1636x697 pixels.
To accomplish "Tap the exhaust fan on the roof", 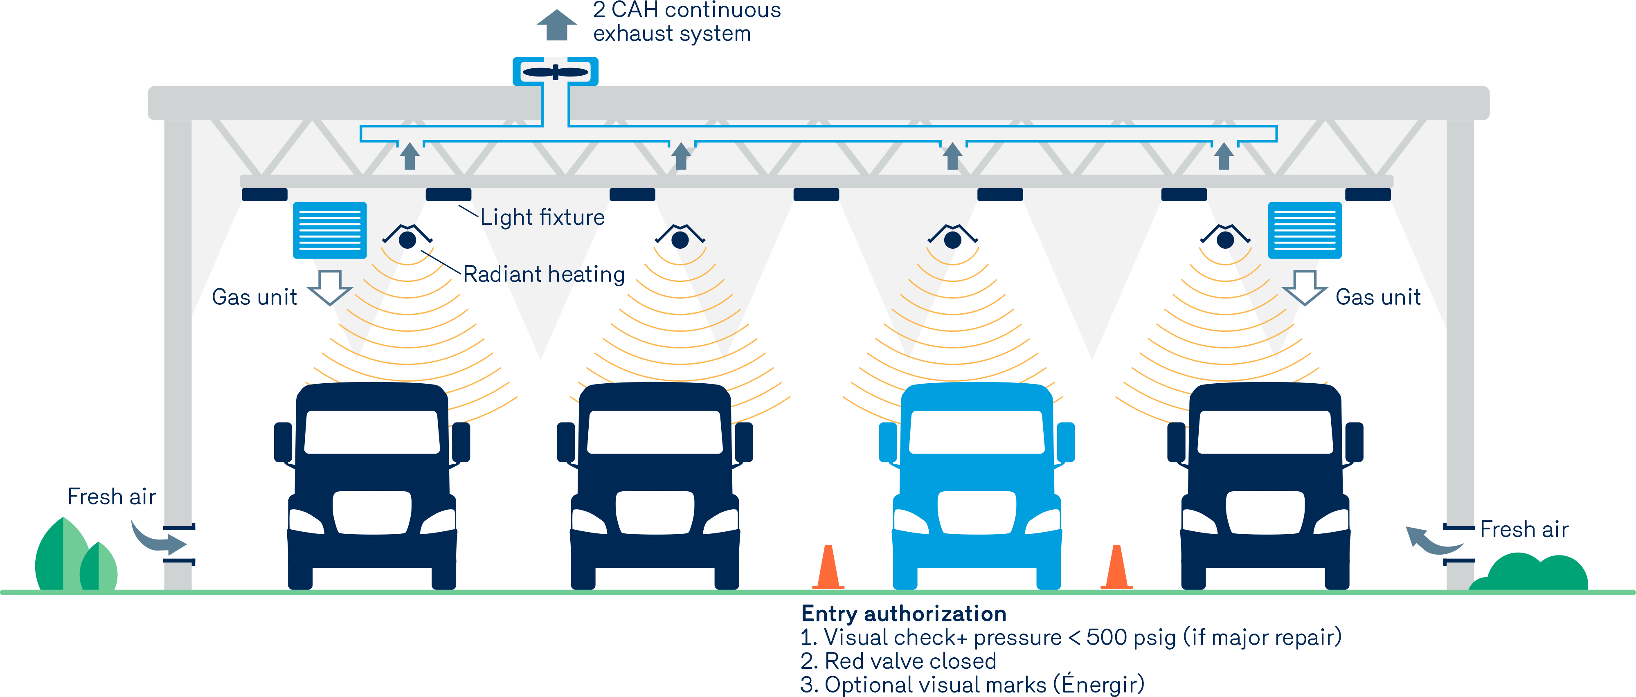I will click(555, 72).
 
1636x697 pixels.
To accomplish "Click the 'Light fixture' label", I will click(542, 218).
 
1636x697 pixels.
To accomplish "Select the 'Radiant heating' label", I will click(544, 274).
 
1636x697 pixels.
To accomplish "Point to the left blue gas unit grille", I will click(330, 230).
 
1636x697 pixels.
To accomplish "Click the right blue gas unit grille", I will click(1305, 230).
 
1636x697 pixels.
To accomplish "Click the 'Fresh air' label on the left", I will click(112, 497).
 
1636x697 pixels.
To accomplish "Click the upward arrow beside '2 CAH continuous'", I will click(556, 25).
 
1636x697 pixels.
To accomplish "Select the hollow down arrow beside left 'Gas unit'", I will click(330, 287).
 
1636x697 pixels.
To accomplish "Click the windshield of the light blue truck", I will click(977, 432).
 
